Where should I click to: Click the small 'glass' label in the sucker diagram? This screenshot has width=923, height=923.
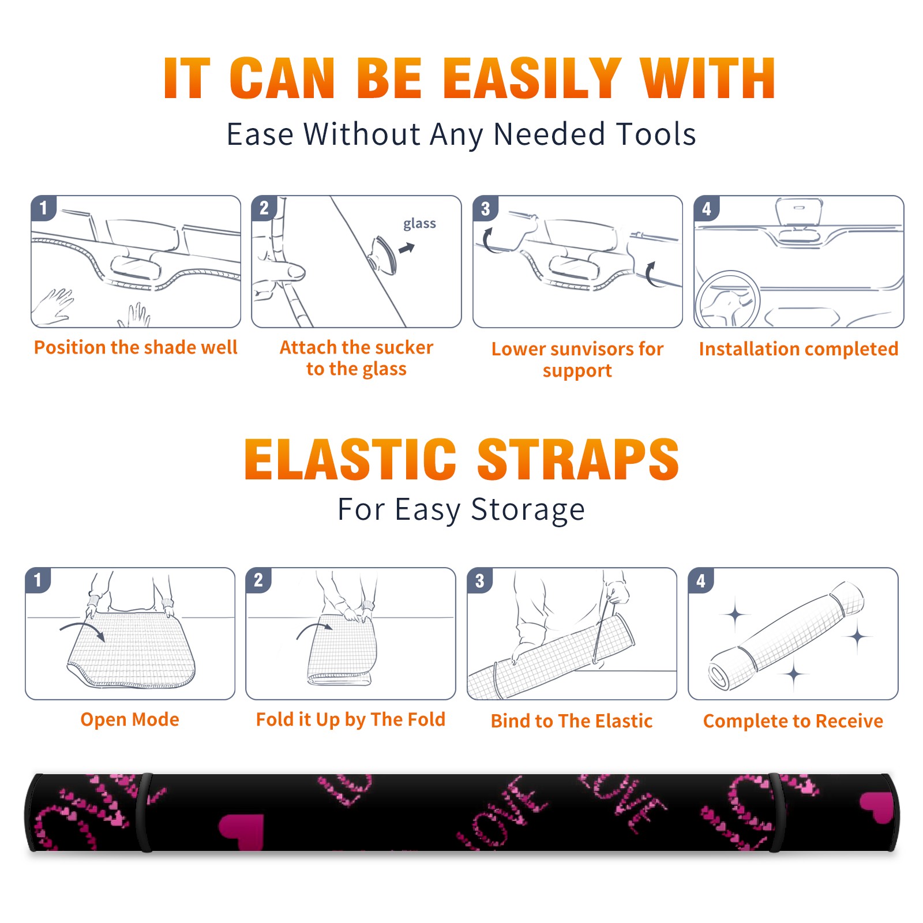[419, 223]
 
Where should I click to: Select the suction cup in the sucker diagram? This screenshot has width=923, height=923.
[383, 254]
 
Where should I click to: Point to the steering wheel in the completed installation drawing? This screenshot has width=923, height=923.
[727, 299]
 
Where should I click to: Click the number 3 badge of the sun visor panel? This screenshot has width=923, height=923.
[486, 208]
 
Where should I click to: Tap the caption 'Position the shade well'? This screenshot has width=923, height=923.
[136, 347]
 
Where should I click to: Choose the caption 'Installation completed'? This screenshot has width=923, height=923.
[798, 349]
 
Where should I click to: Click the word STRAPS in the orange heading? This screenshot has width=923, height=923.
[578, 459]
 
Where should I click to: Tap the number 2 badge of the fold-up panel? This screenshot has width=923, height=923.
[259, 580]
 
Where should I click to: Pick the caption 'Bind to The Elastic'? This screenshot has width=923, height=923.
[572, 721]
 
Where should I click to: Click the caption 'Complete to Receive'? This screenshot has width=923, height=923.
[793, 721]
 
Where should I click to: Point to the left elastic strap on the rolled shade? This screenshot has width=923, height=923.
[145, 812]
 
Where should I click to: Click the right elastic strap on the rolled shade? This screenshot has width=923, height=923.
[775, 812]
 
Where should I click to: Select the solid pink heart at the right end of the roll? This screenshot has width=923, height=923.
[877, 806]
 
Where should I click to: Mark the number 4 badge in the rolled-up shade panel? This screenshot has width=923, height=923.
[701, 580]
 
